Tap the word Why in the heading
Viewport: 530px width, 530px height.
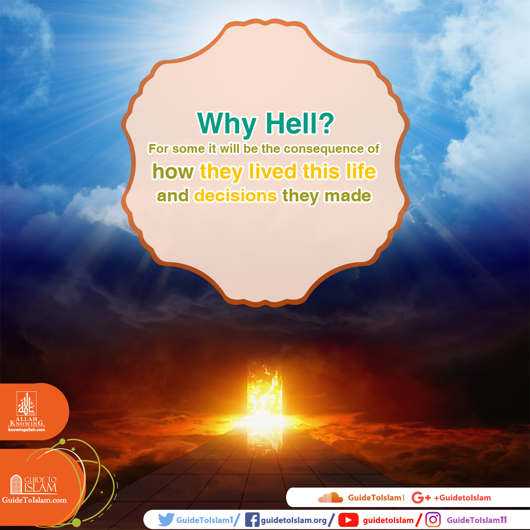click(227, 125)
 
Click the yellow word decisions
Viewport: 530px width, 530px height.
click(235, 196)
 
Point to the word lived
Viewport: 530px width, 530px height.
click(273, 171)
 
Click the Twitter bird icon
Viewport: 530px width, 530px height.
click(166, 519)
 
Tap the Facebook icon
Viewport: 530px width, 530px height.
click(252, 519)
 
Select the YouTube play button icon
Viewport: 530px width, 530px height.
click(348, 520)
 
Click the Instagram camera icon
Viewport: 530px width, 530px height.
click(433, 519)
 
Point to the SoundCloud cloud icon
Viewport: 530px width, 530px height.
click(331, 498)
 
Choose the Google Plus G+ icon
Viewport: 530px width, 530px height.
click(421, 498)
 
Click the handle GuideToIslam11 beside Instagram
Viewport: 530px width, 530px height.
click(477, 520)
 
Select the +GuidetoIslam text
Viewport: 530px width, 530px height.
click(462, 498)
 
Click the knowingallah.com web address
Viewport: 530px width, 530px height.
click(26, 430)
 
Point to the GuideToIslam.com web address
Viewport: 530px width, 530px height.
click(34, 500)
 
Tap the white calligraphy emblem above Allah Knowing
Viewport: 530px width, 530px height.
click(26, 404)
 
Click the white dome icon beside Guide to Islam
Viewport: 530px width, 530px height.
click(16, 484)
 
